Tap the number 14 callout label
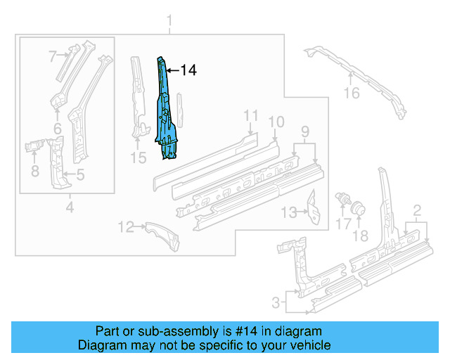[x=188, y=70]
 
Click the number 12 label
[x=125, y=226]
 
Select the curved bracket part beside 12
[x=162, y=235]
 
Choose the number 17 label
[x=342, y=224]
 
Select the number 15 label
[x=139, y=158]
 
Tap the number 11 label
[x=251, y=116]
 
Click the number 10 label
[x=276, y=122]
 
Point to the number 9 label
[x=304, y=131]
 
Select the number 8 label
[x=34, y=171]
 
